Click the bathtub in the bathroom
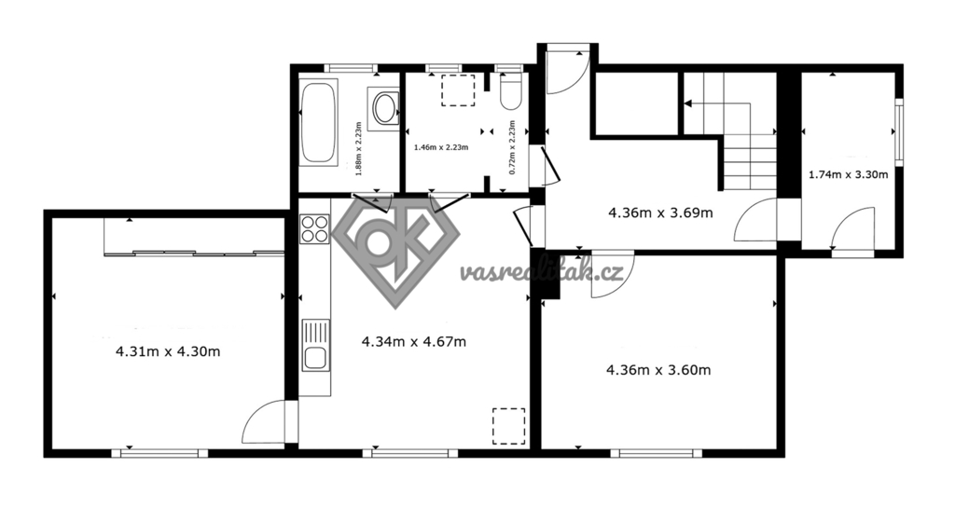(319, 122)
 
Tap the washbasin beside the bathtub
(383, 108)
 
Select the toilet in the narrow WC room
(510, 92)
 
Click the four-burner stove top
(313, 228)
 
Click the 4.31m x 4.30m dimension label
(168, 351)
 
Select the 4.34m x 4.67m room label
(414, 342)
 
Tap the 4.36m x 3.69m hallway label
(661, 213)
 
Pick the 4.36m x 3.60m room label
(659, 370)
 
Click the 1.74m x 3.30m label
(848, 175)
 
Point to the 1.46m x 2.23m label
(441, 147)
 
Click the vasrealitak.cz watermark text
(542, 273)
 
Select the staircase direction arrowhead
(688, 103)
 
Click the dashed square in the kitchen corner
(508, 425)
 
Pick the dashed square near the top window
(458, 90)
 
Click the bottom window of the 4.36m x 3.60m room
(656, 453)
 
